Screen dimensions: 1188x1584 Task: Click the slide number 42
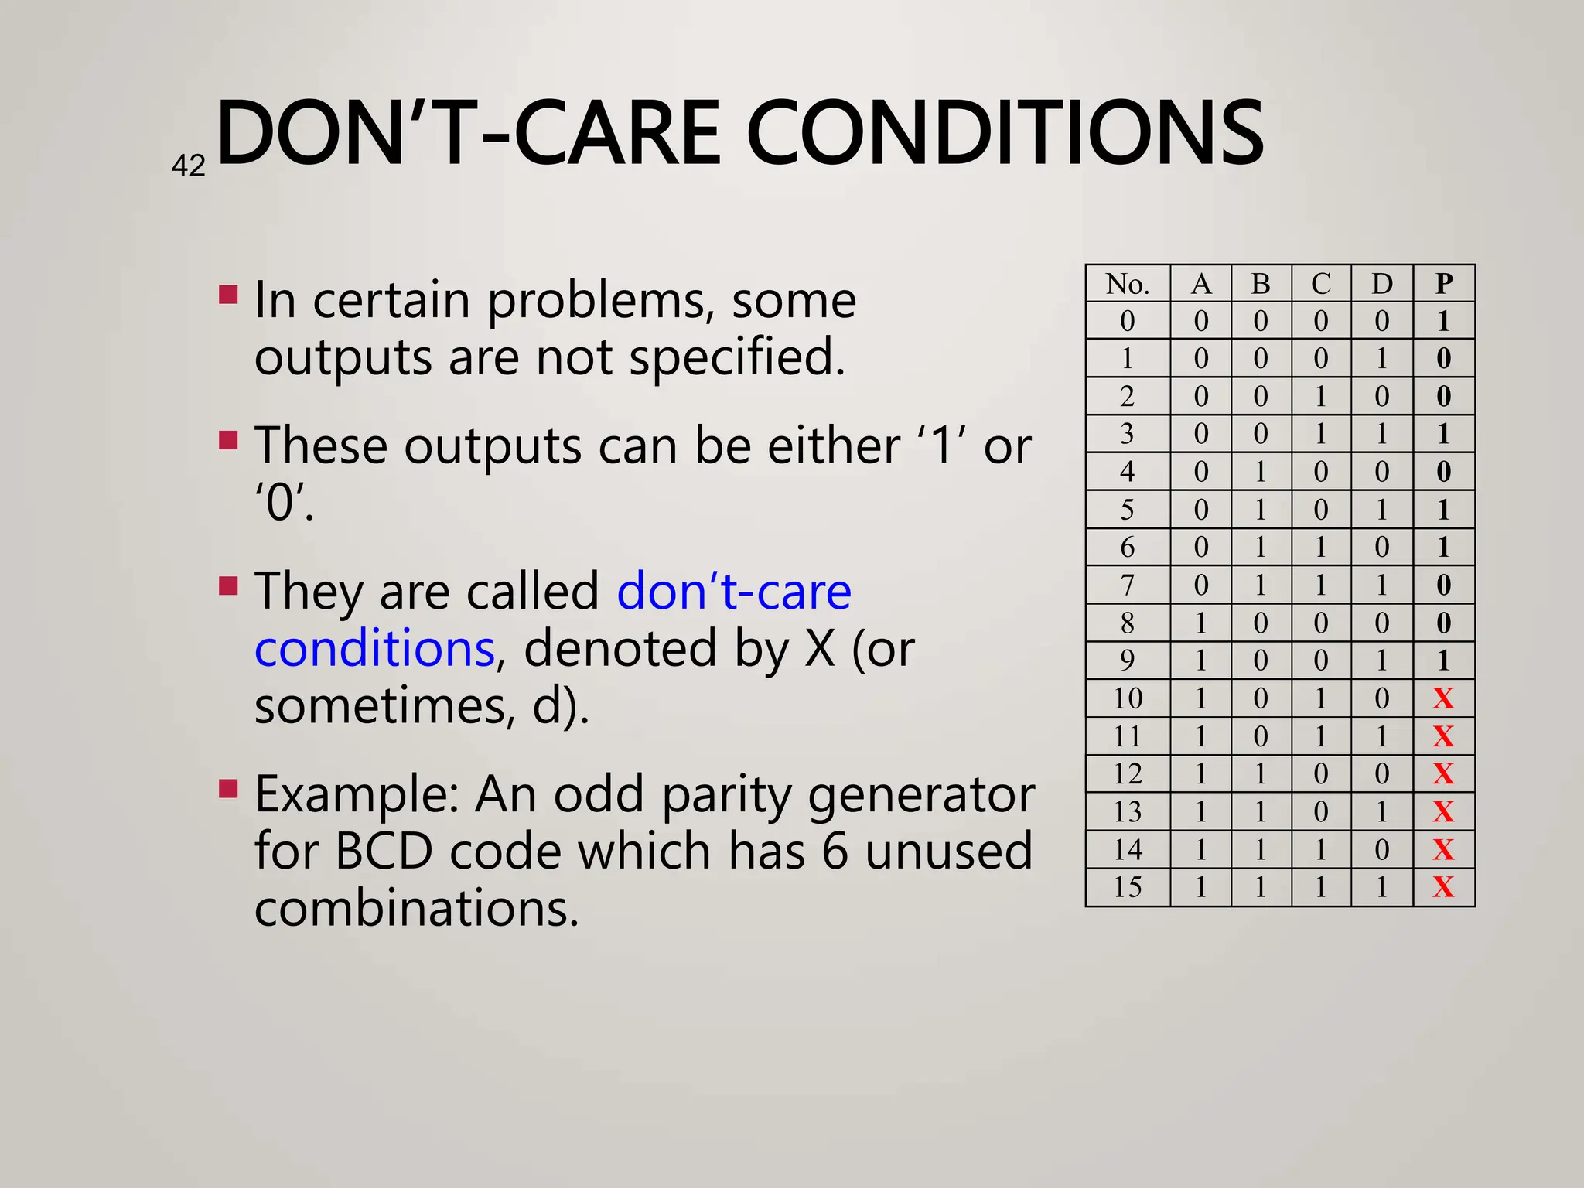coord(188,166)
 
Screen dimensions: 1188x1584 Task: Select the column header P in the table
coord(1443,284)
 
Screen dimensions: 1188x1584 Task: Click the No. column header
coord(1127,284)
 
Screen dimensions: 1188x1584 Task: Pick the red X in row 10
coord(1443,698)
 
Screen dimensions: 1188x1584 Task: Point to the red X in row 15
coord(1443,887)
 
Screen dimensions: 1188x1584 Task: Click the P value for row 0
coord(1443,321)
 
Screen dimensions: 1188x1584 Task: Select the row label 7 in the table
coord(1127,585)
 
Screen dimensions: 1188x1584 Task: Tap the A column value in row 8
coord(1200,623)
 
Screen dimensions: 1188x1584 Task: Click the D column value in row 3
coord(1381,434)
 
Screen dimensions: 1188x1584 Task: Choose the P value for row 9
coord(1443,661)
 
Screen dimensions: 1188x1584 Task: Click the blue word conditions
coord(374,648)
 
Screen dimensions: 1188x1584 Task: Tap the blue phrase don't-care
coord(734,591)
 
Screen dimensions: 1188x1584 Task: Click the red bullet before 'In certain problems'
coord(227,295)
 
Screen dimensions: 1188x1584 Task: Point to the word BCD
coord(384,851)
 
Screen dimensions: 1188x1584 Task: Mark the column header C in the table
coord(1321,284)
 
